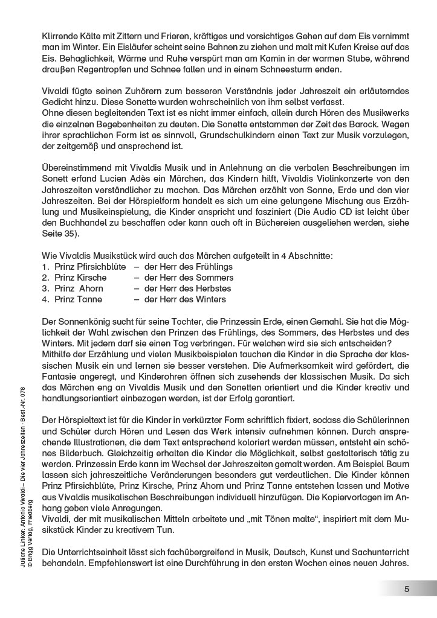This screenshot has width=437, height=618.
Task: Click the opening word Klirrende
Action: pos(62,36)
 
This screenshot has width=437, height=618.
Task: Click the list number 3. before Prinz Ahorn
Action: pos(45,288)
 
